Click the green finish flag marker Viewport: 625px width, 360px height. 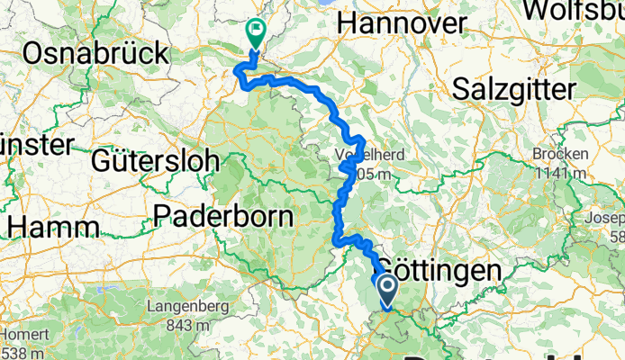tap(254, 33)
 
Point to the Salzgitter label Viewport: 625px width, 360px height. tap(513, 89)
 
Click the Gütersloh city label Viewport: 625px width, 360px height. tap(156, 161)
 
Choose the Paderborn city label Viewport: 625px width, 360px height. tap(224, 217)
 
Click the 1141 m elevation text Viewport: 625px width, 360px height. tap(559, 171)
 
